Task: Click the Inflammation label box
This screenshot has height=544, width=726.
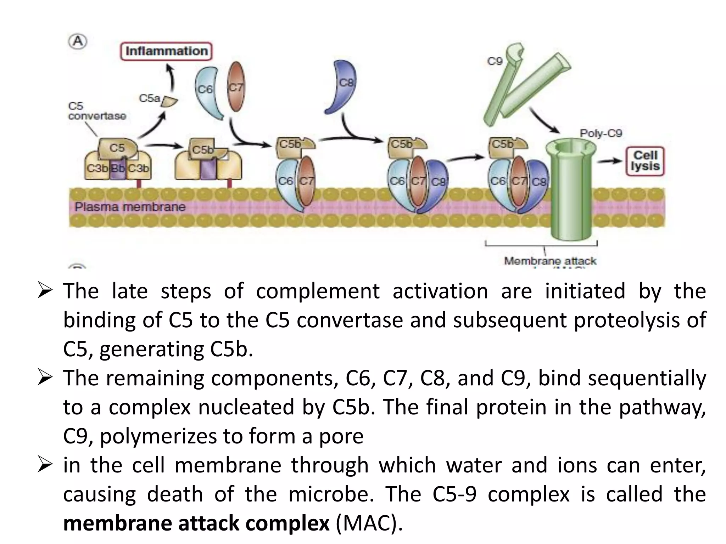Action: [x=166, y=51]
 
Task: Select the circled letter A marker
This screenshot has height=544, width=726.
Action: [x=78, y=41]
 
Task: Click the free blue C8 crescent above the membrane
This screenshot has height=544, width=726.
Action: [x=341, y=87]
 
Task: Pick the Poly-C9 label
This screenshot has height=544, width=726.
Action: [x=601, y=134]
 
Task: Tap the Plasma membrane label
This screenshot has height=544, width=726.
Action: [x=130, y=207]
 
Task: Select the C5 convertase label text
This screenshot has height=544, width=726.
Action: [x=97, y=111]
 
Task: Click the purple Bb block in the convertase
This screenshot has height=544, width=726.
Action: [x=118, y=168]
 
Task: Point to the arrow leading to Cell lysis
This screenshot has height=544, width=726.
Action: [x=609, y=161]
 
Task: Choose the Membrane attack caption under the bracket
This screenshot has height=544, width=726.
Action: [x=550, y=261]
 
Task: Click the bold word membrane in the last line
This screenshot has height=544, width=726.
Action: [x=118, y=523]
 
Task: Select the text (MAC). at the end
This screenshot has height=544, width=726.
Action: [x=369, y=523]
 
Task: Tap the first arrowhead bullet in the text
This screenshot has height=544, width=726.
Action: [x=45, y=291]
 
